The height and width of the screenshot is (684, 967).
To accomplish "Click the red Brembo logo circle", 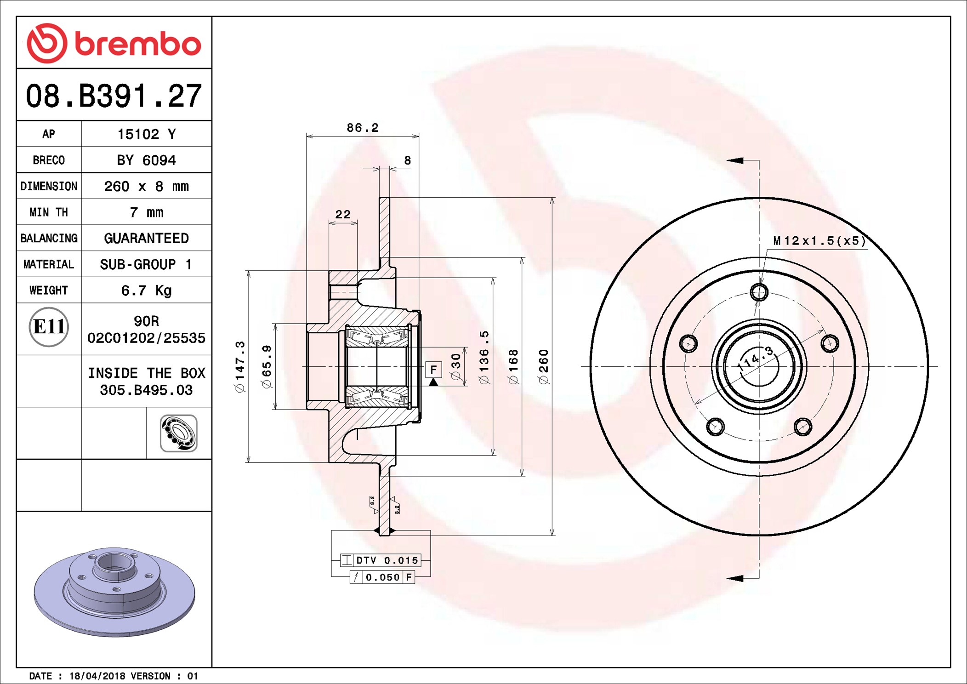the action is (47, 43).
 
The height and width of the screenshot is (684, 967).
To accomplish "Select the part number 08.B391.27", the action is (114, 96).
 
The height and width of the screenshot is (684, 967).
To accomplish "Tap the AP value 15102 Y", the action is (147, 134).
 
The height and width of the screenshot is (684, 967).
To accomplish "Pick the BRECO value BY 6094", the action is (146, 160).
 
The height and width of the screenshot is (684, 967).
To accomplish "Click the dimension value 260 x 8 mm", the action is (146, 186).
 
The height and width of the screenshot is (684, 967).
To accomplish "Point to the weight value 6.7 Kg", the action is (146, 291).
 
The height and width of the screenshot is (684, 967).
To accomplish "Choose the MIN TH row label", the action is (49, 212).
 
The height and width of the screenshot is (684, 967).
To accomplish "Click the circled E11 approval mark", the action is (49, 327).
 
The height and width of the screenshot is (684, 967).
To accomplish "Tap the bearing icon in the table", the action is (179, 433).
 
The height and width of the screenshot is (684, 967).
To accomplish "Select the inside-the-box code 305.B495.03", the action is (146, 390).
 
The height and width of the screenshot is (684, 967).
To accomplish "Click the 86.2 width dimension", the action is (363, 128).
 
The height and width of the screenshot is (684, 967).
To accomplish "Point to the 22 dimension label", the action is (343, 214).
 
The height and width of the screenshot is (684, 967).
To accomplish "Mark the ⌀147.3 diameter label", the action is (240, 366).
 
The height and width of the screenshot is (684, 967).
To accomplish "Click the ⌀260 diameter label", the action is (543, 366).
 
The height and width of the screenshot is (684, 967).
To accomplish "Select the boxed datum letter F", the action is (433, 370).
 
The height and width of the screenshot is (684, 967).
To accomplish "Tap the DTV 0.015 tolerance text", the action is (387, 560).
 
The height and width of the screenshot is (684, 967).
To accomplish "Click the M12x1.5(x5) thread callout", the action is (819, 241).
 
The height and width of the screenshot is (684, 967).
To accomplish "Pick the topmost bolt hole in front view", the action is (759, 292).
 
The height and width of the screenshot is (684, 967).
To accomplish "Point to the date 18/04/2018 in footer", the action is (97, 676).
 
